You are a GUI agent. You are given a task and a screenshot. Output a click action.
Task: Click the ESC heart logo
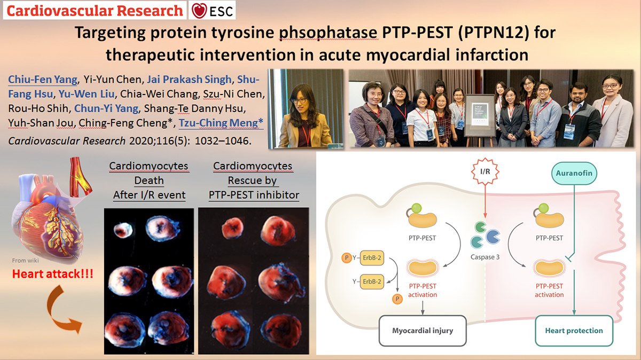point(199,11)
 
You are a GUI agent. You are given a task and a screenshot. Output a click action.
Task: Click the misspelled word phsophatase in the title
point(329,33)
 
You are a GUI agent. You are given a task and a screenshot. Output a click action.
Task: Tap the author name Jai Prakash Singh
point(189,79)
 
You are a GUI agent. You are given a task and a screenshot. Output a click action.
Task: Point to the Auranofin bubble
point(574,173)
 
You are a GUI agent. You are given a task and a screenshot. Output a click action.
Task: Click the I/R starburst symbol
point(485,171)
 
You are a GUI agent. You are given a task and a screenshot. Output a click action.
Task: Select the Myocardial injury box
point(423,331)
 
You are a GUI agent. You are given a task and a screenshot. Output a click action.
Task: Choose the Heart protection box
point(574,331)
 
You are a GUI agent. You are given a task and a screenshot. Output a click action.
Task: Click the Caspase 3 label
point(485,257)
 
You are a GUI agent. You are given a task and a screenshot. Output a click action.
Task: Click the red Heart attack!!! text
point(53,274)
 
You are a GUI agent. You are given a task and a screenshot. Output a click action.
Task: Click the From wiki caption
point(25,261)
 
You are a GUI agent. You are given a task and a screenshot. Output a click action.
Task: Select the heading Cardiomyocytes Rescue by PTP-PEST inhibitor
point(254,181)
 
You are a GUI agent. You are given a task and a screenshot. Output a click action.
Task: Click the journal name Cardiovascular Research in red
point(95,11)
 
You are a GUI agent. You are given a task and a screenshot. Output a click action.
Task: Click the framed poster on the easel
point(480,115)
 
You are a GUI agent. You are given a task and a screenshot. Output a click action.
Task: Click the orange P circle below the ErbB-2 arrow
point(397,299)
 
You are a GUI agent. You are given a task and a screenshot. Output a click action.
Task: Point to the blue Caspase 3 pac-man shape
point(493,237)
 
